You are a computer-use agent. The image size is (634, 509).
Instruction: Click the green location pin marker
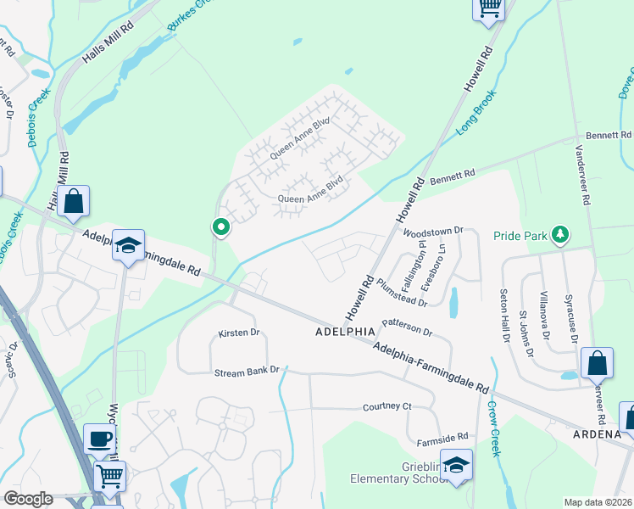pyautogui.click(x=221, y=227)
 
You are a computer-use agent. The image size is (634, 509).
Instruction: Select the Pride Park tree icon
pyautogui.click(x=559, y=232)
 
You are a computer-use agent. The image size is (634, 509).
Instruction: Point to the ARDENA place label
pyautogui.click(x=603, y=433)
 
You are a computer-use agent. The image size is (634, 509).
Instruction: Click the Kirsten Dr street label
pyautogui.click(x=238, y=333)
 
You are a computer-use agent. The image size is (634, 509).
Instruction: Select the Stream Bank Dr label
pyautogui.click(x=247, y=372)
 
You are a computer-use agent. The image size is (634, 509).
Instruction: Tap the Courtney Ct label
pyautogui.click(x=387, y=407)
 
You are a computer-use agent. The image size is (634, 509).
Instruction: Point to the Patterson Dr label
pyautogui.click(x=407, y=327)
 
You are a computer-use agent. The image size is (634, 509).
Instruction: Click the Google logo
pyautogui.click(x=28, y=499)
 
